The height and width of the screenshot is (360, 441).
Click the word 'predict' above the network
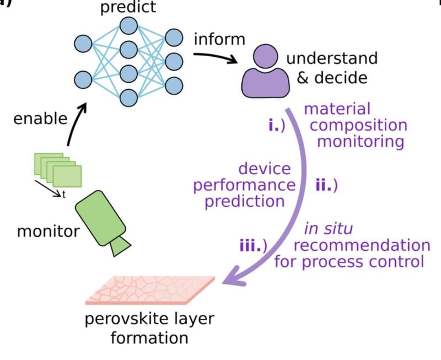point(128,7)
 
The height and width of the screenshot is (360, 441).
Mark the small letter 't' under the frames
point(65,194)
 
